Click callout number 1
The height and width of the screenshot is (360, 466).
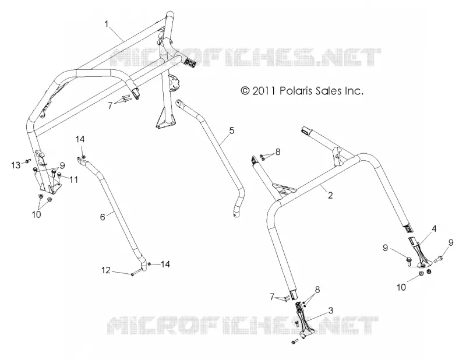[x=107, y=24]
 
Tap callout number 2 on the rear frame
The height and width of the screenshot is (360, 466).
[x=330, y=195]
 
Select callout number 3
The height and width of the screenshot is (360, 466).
[x=330, y=310]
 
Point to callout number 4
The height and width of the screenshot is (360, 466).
[x=434, y=229]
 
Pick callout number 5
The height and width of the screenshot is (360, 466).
[x=231, y=130]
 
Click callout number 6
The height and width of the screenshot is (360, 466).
[x=103, y=217]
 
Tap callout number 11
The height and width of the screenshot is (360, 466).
[x=73, y=179]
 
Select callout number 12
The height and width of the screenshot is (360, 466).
[x=106, y=270]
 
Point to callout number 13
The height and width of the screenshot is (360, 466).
[x=16, y=165]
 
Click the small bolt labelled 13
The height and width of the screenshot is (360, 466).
[x=27, y=161]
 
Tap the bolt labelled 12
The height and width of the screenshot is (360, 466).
[x=135, y=273]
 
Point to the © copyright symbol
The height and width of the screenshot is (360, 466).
[x=245, y=91]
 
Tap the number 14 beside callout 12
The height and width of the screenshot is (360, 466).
[x=165, y=264]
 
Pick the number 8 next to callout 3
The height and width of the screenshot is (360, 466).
[x=317, y=290]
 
